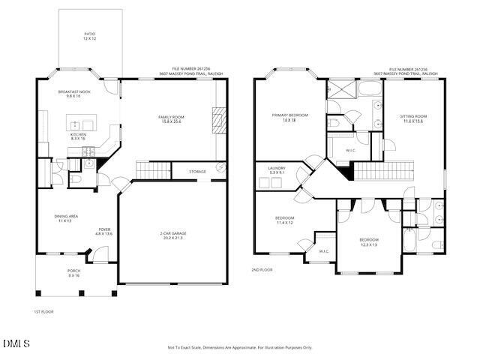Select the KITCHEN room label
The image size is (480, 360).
point(78,136)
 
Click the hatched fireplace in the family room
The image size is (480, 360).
point(217,119)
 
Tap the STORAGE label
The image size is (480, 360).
point(197,172)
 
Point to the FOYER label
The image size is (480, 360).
point(104,232)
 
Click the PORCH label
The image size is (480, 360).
point(73,273)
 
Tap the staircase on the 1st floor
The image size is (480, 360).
point(154,171)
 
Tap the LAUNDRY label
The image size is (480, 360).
point(277,170)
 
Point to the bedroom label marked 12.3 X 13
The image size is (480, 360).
point(368,241)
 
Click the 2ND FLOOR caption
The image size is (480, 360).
point(262,269)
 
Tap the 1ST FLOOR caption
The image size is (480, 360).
point(43,311)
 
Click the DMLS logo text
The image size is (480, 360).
point(16,343)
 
